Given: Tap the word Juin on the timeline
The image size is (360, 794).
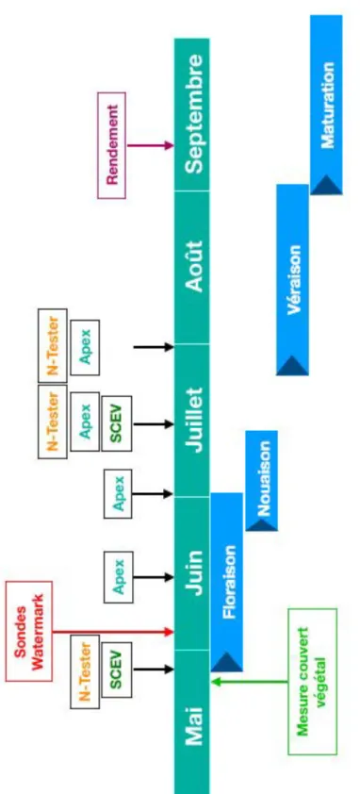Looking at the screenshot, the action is click(x=194, y=572).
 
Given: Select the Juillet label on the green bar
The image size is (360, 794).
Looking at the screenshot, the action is click(x=194, y=420).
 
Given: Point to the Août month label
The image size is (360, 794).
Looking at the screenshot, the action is click(x=194, y=266).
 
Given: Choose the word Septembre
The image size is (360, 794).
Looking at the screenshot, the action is click(x=194, y=114).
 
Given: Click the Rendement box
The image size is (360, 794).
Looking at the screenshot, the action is click(x=111, y=145).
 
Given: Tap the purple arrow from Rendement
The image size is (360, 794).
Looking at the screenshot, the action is click(x=151, y=146).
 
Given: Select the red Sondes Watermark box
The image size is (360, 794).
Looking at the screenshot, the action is click(x=29, y=631).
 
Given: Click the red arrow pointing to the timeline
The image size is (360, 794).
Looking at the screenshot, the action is click(x=113, y=632).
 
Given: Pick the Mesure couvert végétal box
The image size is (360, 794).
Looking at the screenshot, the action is click(x=312, y=682).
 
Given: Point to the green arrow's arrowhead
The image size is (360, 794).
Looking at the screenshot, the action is click(x=216, y=682).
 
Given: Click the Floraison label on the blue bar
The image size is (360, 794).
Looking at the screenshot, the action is click(x=229, y=581).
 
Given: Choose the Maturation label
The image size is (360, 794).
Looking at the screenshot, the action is click(x=328, y=105).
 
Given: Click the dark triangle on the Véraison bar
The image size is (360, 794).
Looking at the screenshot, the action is click(x=292, y=366).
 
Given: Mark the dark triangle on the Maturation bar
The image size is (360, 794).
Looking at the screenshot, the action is click(x=327, y=185).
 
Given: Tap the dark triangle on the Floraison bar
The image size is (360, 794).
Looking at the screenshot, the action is click(x=227, y=662).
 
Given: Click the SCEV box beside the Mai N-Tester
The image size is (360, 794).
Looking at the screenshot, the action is click(x=117, y=670).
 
